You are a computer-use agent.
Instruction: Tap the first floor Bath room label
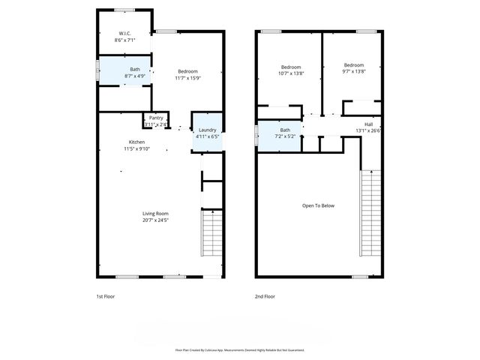coord(134,70)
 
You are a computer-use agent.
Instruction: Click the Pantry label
coord(156,118)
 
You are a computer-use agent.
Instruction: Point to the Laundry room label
coord(207,130)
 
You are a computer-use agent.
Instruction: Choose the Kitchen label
coord(136,142)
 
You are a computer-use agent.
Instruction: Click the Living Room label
coord(155,214)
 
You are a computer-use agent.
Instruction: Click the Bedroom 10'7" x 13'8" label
coord(291,65)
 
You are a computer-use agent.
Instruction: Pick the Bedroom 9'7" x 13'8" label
coord(354,65)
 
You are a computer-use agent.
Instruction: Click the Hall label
coord(369,124)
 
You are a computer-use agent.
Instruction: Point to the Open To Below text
coord(318,205)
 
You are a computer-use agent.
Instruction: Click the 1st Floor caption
coord(106,296)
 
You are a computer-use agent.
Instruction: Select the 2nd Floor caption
coord(265,296)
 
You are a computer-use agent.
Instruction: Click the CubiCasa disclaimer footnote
coord(239,349)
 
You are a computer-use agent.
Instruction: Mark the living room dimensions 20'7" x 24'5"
coord(155,220)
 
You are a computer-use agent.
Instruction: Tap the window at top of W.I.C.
coord(124,10)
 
